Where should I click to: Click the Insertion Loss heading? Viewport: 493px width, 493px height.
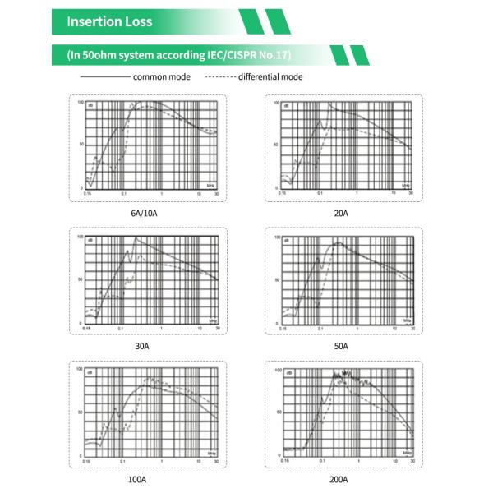[x=109, y=22]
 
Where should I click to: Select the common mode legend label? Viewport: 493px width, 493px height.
[x=161, y=77]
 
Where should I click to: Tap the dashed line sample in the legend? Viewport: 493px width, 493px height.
[x=219, y=77]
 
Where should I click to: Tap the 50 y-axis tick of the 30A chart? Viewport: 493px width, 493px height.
[x=81, y=279]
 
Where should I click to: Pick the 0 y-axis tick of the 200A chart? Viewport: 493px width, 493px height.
[x=279, y=453]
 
